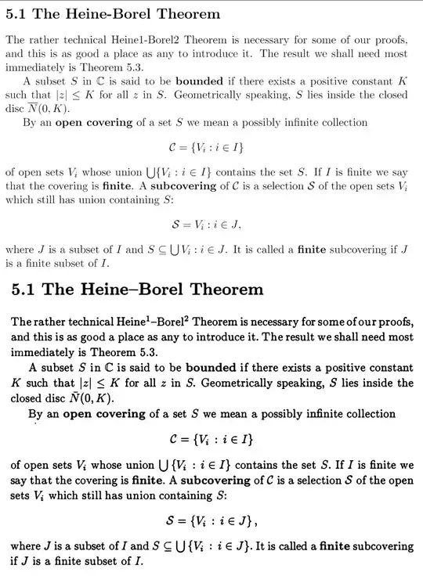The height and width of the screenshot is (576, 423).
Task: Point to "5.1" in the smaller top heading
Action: [x=16, y=15]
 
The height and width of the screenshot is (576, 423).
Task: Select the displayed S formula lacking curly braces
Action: [x=211, y=225]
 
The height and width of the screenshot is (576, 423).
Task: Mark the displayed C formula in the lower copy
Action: [x=211, y=441]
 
